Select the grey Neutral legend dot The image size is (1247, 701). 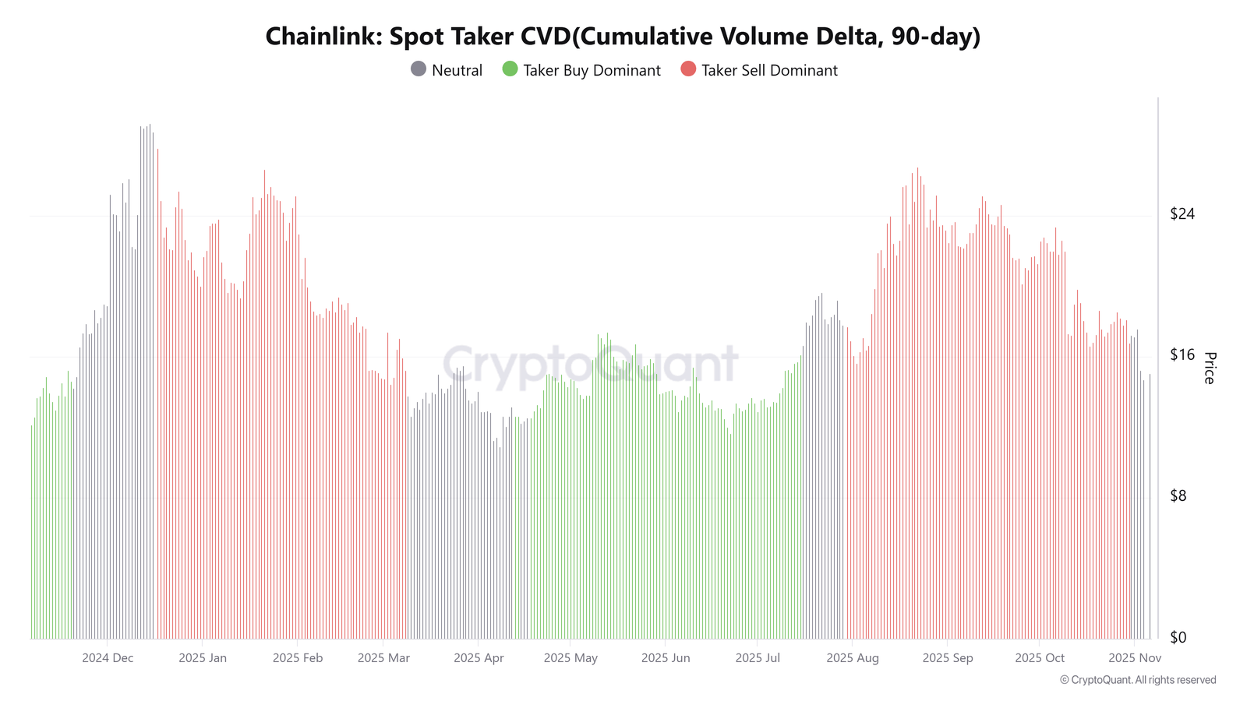click(418, 69)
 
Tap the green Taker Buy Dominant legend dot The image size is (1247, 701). click(510, 69)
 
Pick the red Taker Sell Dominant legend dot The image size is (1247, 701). click(688, 69)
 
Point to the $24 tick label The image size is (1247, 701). click(1182, 213)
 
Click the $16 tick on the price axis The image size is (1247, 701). click(1182, 354)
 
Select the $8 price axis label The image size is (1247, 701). click(1178, 495)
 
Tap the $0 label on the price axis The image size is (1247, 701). click(1178, 637)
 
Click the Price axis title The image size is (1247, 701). click(1209, 368)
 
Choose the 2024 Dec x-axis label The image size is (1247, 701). click(108, 658)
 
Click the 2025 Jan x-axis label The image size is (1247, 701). click(203, 658)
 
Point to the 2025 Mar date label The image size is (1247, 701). click(383, 658)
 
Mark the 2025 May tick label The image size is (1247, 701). click(571, 658)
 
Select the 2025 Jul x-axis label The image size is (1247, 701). click(758, 658)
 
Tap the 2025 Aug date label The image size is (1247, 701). click(853, 658)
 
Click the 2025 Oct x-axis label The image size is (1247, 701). click(1040, 658)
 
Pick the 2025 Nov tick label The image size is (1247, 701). click(1135, 658)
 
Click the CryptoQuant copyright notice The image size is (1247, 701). click(1138, 680)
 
